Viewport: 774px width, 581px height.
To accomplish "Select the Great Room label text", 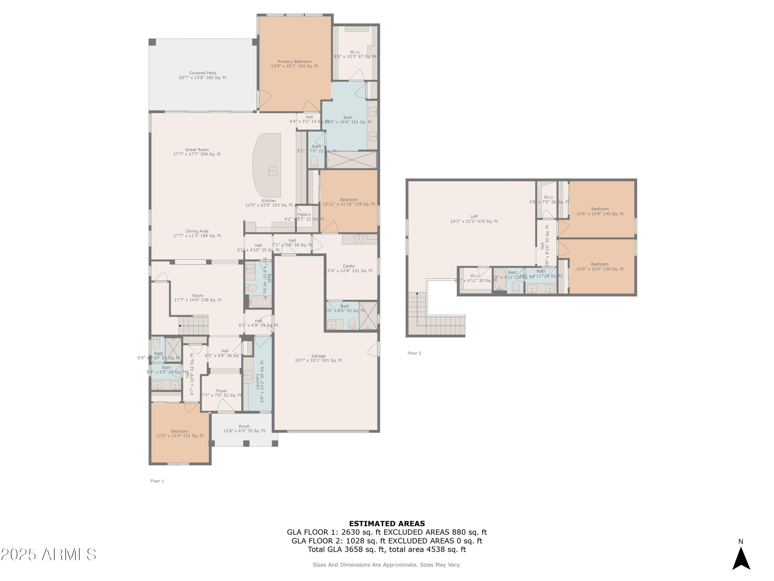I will [x=197, y=152].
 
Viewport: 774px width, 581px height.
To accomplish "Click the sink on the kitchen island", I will [x=272, y=171].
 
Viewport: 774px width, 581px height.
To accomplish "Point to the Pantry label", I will [x=304, y=215].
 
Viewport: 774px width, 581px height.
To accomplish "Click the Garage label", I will [x=318, y=358].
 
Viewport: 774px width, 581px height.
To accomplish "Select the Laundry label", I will [x=257, y=381].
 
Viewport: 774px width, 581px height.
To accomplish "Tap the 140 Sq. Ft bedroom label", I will [x=600, y=211].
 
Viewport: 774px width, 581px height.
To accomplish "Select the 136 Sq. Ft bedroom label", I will [x=600, y=266].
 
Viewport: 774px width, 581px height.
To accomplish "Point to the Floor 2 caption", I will [x=414, y=353].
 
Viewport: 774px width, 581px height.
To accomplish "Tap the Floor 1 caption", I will [x=157, y=481].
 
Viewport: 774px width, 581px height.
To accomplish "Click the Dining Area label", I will [x=197, y=233].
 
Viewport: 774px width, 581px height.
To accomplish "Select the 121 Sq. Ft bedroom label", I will [x=180, y=434].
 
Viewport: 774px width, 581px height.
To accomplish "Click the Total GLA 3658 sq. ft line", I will [x=387, y=549].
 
